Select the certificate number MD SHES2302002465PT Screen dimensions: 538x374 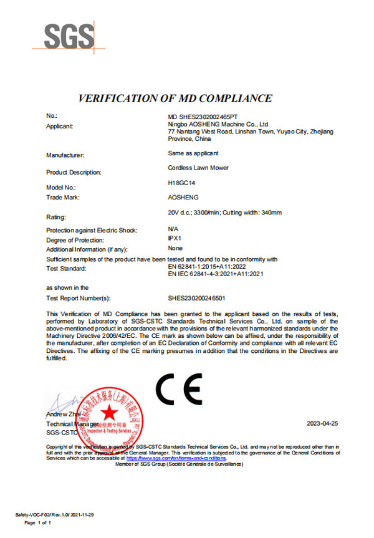point(203,117)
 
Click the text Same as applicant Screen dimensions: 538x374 point(193,153)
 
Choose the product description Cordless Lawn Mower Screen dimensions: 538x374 point(198,168)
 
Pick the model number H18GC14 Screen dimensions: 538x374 point(183,185)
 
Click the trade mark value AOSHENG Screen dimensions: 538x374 point(183,197)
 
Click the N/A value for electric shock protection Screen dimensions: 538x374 point(173,229)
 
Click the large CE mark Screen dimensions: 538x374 point(178,390)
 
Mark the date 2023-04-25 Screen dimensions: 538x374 point(322,423)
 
